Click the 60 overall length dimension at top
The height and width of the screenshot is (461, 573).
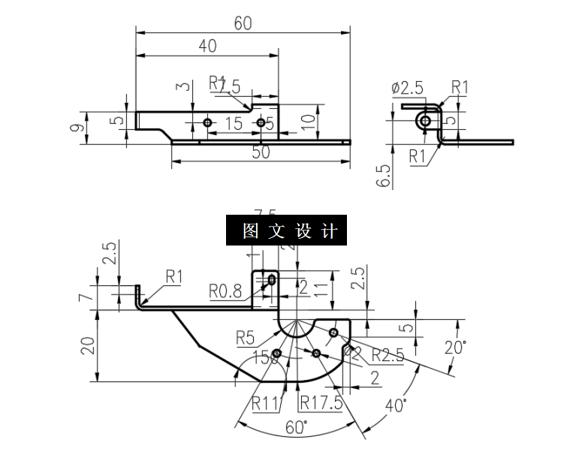(242, 23)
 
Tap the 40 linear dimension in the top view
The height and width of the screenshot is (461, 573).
(207, 46)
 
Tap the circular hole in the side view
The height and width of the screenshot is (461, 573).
(426, 121)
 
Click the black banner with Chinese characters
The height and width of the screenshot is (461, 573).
(286, 231)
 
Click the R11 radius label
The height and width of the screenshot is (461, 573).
(267, 403)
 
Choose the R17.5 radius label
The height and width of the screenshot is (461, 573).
(321, 403)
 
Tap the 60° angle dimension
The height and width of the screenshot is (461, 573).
(296, 427)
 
